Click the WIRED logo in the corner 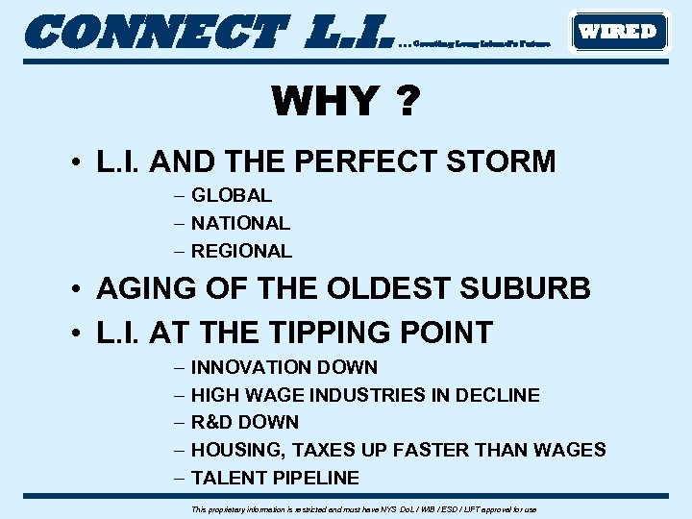coord(618,31)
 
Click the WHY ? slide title coord(345,100)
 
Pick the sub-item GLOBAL coord(232,195)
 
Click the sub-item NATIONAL coord(240,223)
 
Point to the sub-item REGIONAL coord(241,251)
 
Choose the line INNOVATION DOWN coord(284,367)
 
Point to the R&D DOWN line coord(245,422)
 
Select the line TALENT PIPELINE coord(275,478)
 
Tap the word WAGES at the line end coord(573,450)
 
